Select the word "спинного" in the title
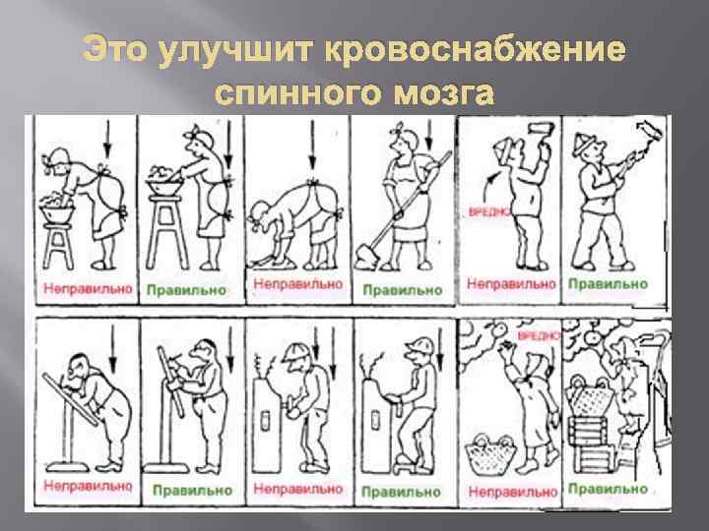[x=295, y=93]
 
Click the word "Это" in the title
[x=115, y=50]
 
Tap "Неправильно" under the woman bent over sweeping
[x=297, y=285]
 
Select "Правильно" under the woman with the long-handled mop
[x=402, y=289]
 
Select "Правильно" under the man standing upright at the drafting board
[x=193, y=489]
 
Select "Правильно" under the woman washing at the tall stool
[x=186, y=290]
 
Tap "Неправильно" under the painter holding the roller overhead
[x=510, y=284]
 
